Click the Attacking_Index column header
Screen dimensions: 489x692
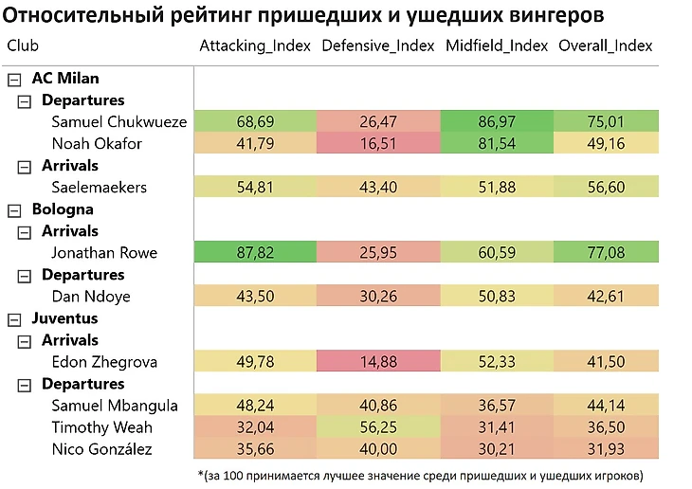(x=255, y=45)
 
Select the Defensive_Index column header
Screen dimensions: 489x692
(x=378, y=45)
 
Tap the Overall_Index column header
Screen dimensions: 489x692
(x=606, y=45)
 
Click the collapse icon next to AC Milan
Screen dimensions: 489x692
(x=14, y=79)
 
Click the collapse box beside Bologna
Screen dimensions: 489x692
(x=14, y=209)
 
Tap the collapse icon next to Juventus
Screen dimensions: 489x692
(x=14, y=318)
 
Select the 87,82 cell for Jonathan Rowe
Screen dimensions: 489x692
(x=254, y=253)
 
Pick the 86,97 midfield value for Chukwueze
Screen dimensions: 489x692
(x=501, y=122)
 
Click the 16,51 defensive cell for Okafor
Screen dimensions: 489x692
(x=378, y=144)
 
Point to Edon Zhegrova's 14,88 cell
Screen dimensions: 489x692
(x=378, y=362)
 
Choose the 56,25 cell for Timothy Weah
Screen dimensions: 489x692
(x=378, y=427)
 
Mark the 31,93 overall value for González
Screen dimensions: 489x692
(x=606, y=449)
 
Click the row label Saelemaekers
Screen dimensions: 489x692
(x=100, y=188)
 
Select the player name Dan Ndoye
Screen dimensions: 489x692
(x=91, y=297)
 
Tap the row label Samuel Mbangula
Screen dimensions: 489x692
(x=115, y=406)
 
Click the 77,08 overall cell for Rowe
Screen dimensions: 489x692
(x=606, y=253)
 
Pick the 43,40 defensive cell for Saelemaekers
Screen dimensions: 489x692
(x=378, y=188)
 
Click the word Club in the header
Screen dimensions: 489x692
(x=23, y=45)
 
